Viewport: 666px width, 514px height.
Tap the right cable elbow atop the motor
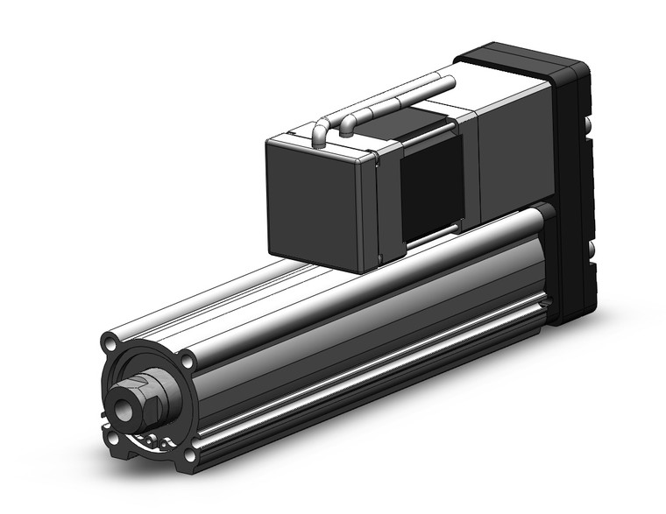click(348, 123)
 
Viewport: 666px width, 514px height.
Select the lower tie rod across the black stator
click(431, 231)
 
